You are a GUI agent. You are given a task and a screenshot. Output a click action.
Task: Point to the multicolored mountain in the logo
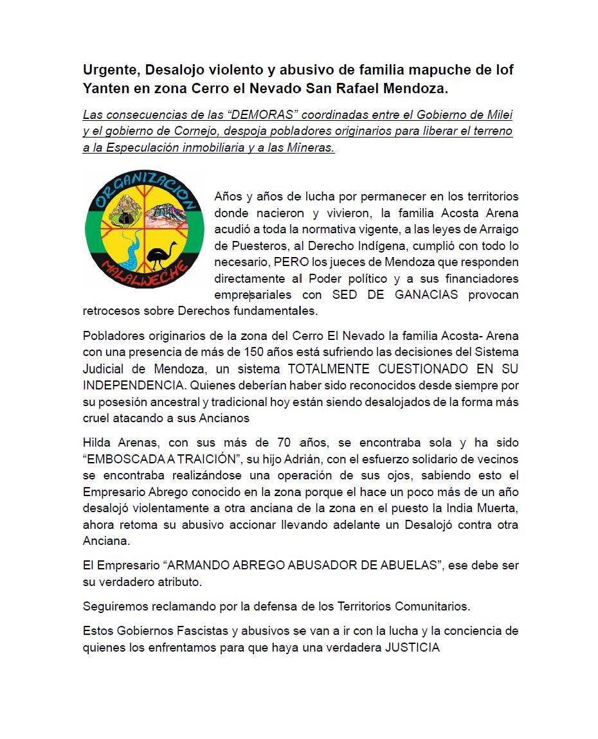point(168,212)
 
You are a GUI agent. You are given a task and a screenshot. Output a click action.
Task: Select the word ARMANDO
point(194,565)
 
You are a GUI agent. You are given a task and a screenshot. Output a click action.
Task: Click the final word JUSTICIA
point(412,647)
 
